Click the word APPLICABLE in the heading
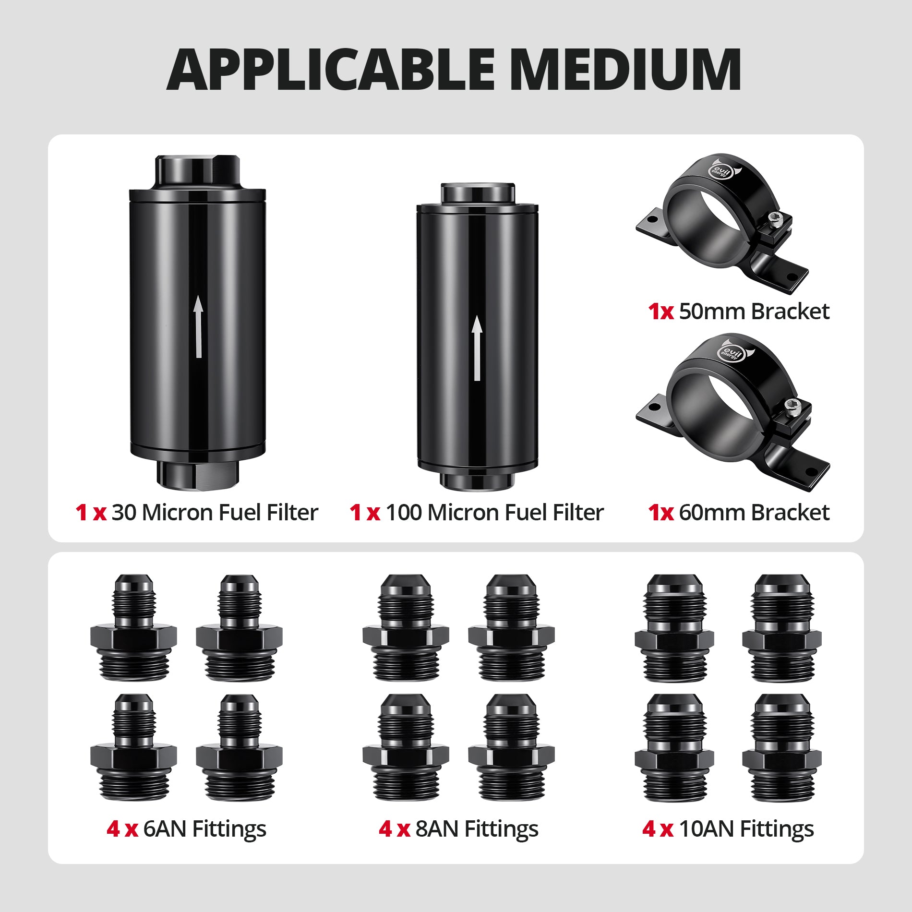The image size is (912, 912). (x=331, y=69)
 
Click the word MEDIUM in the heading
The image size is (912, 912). (x=626, y=69)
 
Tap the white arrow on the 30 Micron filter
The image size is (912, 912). (x=198, y=326)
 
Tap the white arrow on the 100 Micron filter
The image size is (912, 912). (x=477, y=348)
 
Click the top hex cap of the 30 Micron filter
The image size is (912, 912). (x=197, y=171)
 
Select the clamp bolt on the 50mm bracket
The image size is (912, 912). (x=774, y=218)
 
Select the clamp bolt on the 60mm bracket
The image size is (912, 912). (x=792, y=406)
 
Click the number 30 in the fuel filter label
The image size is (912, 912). (x=124, y=513)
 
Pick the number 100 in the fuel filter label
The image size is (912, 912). (x=404, y=513)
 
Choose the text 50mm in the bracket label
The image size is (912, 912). (x=712, y=312)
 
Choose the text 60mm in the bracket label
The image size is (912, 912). (x=712, y=513)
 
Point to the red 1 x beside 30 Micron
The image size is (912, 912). (x=91, y=513)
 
